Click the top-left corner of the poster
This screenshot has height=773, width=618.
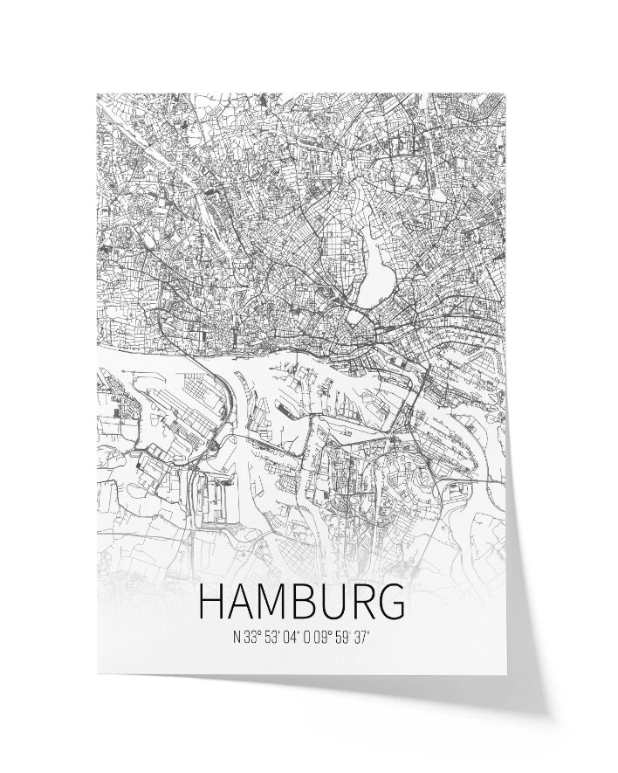point(97,94)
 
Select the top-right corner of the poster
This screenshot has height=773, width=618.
point(505,94)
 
